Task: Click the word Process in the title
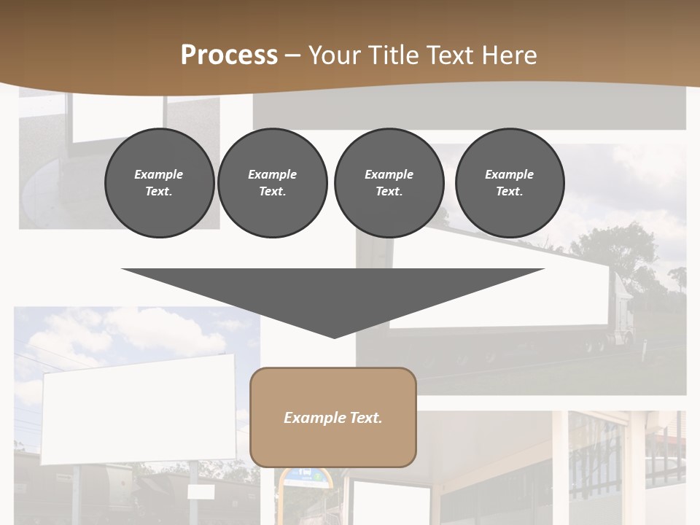[229, 55]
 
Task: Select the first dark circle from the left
[159, 183]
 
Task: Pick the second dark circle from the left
[272, 183]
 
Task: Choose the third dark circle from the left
[389, 183]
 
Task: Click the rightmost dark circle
[509, 183]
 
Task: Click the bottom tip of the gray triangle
[334, 337]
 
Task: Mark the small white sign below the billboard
[200, 492]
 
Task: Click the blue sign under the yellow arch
[306, 475]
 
